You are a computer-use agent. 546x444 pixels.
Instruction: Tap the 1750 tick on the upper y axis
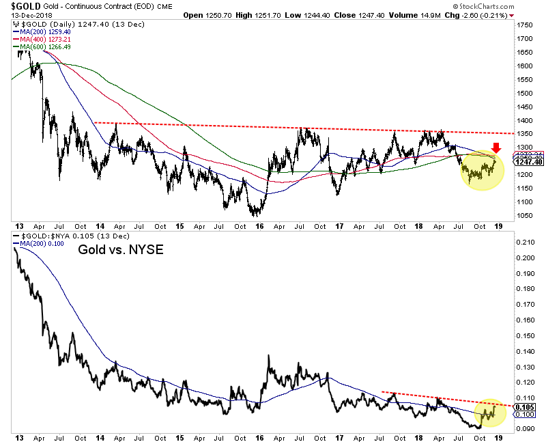[524, 25]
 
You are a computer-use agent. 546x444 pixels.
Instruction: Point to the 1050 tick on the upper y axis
[524, 216]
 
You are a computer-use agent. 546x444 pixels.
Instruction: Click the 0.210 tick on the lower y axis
[525, 242]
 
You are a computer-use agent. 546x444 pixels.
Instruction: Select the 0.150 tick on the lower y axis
[525, 335]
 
